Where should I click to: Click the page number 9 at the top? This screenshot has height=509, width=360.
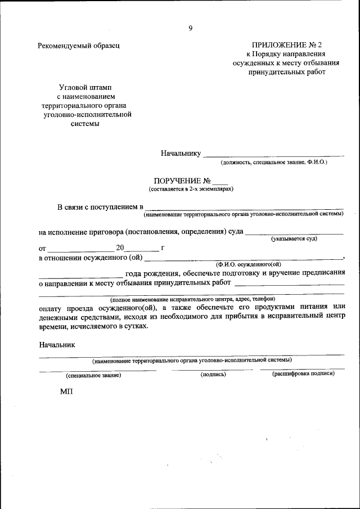point(191,29)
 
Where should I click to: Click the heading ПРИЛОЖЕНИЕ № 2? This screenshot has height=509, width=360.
point(287,45)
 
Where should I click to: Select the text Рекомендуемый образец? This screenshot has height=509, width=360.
point(79,46)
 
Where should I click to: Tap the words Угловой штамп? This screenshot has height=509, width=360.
point(85,88)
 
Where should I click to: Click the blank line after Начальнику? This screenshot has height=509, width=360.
point(273,154)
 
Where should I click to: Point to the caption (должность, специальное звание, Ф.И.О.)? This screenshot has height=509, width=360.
point(274,162)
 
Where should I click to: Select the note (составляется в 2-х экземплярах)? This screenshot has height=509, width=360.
point(191,190)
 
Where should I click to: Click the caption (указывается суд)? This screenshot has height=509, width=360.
point(294,239)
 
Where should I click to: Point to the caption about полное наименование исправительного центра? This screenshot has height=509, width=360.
point(192,300)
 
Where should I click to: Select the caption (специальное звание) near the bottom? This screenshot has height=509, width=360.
point(93,375)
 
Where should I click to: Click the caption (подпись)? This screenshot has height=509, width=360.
point(213,374)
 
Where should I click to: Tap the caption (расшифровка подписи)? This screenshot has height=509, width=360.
point(303,373)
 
